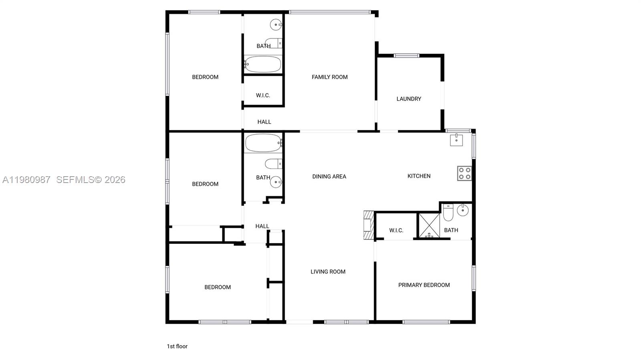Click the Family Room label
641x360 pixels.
point(329,77)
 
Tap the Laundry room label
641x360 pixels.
point(409,99)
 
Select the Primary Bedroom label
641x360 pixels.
point(424,285)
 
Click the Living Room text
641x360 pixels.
point(328,272)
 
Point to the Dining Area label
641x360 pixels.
point(329,176)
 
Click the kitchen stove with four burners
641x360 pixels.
point(464,173)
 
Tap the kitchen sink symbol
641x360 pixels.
point(456,140)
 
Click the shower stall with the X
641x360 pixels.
point(429,225)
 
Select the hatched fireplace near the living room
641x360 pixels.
point(369,225)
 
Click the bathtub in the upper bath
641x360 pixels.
point(263,64)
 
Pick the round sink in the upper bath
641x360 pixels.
point(276,25)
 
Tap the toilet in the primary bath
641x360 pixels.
point(448,213)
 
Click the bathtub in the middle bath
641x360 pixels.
point(263,143)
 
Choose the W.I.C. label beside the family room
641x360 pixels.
point(263,95)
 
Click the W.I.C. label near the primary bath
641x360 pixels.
point(396,230)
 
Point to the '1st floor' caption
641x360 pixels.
point(177,346)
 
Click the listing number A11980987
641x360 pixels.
point(26,180)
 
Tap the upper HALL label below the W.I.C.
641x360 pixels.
point(264,122)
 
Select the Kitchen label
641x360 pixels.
point(419,176)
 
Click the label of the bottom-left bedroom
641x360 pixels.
point(218,287)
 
